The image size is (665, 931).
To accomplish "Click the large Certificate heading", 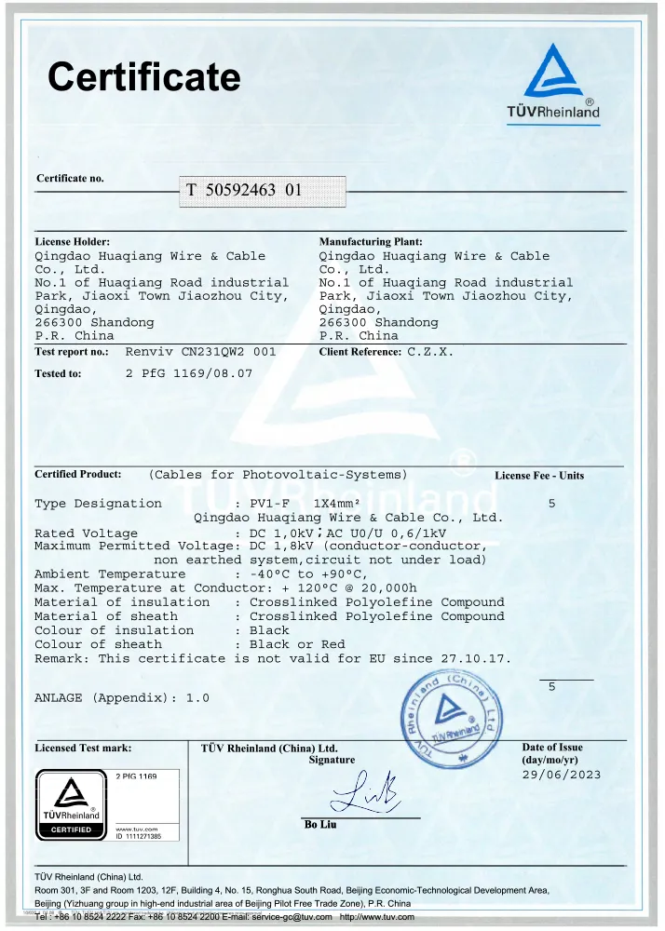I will (143, 76).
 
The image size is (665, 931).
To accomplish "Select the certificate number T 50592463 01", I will (244, 190).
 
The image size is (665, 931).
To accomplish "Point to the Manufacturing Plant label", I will (371, 242).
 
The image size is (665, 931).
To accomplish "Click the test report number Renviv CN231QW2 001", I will (200, 353).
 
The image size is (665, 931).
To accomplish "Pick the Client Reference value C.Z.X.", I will (431, 353).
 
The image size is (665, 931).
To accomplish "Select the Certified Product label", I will (78, 474).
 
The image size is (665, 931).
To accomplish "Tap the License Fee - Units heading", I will (539, 476).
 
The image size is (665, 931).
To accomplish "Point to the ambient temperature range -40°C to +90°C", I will (309, 574).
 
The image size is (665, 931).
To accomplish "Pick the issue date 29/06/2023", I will (562, 775).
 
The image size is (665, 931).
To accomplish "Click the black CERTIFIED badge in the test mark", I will (71, 829).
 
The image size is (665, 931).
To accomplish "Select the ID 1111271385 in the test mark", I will (139, 836).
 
